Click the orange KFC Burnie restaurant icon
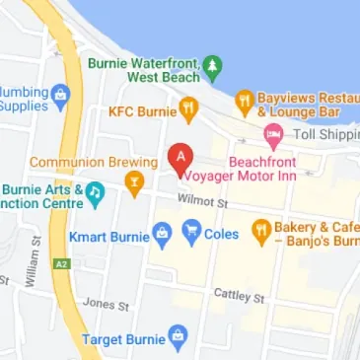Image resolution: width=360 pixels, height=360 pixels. coord(188,106)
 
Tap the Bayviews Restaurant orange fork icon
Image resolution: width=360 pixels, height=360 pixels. coord(244,100)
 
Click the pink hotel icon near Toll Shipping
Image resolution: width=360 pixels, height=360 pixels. coord(273,133)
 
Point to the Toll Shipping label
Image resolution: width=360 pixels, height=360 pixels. coord(324,133)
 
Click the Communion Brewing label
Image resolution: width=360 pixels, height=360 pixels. coord(93,162)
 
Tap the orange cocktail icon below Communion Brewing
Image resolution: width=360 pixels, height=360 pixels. coord(134,181)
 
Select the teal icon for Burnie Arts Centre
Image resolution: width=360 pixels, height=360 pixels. coord(95,193)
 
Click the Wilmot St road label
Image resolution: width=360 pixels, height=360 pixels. coord(202,202)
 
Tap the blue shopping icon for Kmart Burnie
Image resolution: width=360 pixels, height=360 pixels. coord(163,235)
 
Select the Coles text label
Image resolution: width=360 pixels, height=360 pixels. coord(222,235)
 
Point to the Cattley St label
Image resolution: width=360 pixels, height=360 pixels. coord(240,296)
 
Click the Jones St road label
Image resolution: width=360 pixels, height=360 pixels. coord(106,305)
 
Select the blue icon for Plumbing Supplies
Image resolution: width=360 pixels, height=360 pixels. coord(61,96)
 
